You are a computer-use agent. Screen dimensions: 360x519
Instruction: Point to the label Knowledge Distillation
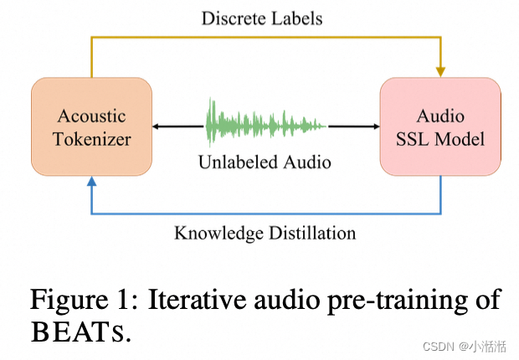[x=265, y=232]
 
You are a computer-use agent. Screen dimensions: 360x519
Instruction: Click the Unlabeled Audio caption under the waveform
[x=265, y=162]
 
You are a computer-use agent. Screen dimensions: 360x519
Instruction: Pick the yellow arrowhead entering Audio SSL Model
[x=440, y=71]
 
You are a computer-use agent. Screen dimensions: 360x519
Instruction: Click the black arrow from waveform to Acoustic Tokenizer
[x=177, y=126]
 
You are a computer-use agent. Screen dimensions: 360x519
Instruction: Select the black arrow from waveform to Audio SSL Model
[x=352, y=126]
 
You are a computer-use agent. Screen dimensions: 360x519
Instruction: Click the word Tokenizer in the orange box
[x=91, y=138]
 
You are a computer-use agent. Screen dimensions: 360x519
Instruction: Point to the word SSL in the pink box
[x=414, y=138]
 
